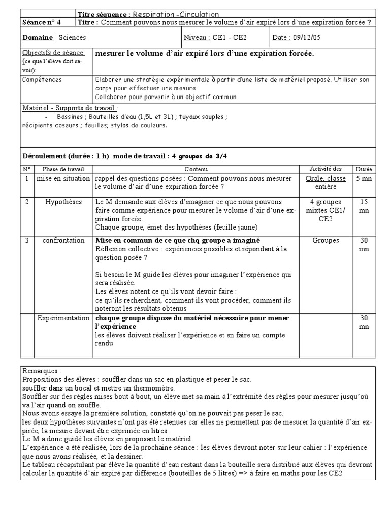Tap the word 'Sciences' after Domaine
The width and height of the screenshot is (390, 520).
pos(73,37)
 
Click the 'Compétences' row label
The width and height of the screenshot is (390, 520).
pos(43,79)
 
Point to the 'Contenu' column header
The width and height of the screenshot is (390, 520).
pos(196,169)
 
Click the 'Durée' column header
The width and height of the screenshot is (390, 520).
pos(363,169)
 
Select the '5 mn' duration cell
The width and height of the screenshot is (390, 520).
pos(363,179)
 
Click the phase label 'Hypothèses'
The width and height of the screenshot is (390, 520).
pos(63,202)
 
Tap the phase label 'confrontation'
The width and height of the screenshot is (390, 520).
pos(63,240)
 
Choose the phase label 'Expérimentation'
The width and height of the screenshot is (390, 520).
pos(63,318)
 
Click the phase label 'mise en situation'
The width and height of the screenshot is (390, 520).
pos(63,179)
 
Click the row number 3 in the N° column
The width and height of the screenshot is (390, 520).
pos(26,240)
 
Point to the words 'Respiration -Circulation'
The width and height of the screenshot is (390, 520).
pos(176,14)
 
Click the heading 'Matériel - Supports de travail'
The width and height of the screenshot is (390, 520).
pos(69,108)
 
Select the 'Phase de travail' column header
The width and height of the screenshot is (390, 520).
pos(63,169)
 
